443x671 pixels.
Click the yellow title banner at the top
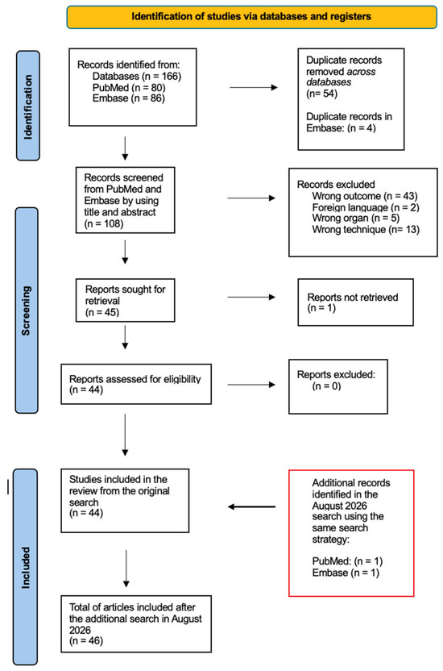pyautogui.click(x=251, y=17)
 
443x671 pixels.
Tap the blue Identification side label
pyautogui.click(x=28, y=106)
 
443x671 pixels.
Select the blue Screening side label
pyautogui.click(x=27, y=310)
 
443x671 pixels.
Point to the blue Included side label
pyautogui.click(x=26, y=567)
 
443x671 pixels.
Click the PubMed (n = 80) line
pyautogui.click(x=129, y=87)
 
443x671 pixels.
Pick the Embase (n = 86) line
pyautogui.click(x=129, y=98)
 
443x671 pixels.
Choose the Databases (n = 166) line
pyautogui.click(x=137, y=76)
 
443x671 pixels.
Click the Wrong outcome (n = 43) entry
pyautogui.click(x=365, y=196)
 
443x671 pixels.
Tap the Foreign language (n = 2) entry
pyautogui.click(x=366, y=207)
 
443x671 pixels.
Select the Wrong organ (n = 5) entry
pyautogui.click(x=356, y=219)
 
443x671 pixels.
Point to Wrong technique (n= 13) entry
pyautogui.click(x=366, y=229)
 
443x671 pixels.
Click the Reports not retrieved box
pyautogui.click(x=355, y=302)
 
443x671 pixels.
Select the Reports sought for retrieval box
pyautogui.click(x=125, y=300)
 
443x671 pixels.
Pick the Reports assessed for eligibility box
pyautogui.click(x=136, y=384)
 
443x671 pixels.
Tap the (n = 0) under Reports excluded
pyautogui.click(x=326, y=386)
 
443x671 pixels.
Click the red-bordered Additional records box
pyautogui.click(x=351, y=533)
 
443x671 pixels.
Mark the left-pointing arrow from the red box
pyautogui.click(x=251, y=506)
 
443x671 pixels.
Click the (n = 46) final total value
pyautogui.click(x=86, y=640)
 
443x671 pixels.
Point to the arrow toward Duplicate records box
pyautogui.click(x=254, y=87)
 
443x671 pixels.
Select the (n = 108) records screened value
pyautogui.click(x=104, y=223)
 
